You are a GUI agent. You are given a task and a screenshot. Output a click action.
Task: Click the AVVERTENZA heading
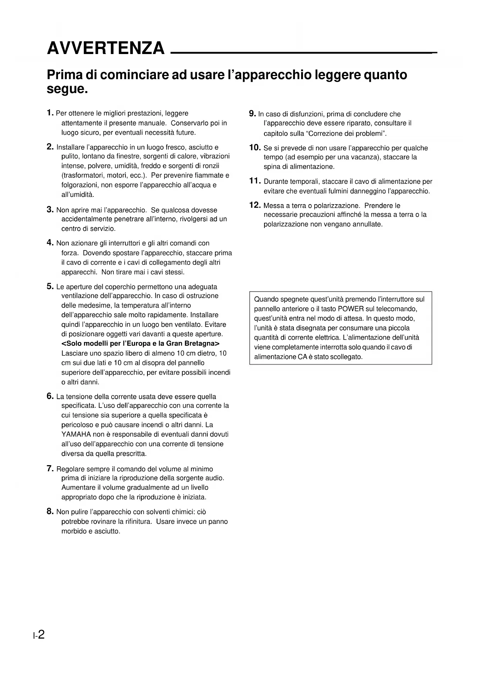(105, 49)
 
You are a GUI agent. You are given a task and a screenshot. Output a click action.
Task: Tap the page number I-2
(39, 635)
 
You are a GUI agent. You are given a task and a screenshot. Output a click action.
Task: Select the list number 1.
(50, 113)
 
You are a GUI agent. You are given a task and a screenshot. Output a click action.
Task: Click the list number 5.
(50, 286)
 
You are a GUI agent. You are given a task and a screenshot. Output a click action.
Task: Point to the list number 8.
(50, 511)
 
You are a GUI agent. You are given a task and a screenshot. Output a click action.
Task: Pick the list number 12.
(255, 205)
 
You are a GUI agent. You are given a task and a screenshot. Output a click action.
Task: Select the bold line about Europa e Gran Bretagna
(140, 344)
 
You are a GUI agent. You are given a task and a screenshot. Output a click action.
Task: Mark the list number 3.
(50, 210)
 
